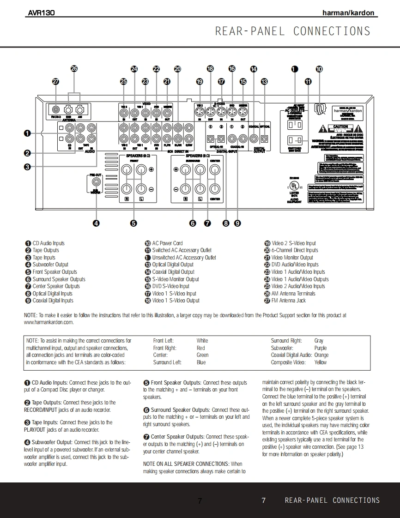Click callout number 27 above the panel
pyautogui.click(x=56, y=81)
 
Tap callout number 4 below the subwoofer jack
pyautogui.click(x=96, y=223)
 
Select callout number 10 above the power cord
pyautogui.click(x=319, y=69)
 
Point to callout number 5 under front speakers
pyautogui.click(x=133, y=223)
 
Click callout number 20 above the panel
pyautogui.click(x=178, y=69)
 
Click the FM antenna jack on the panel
pyautogui.click(x=56, y=110)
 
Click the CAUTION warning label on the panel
pyautogui.click(x=340, y=127)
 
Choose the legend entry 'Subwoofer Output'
pyautogui.click(x=50, y=265)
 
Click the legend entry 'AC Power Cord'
pyautogui.click(x=167, y=243)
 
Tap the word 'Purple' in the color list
pyautogui.click(x=320, y=348)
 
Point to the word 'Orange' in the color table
pyautogui.click(x=321, y=355)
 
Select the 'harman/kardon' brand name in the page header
pyautogui.click(x=348, y=13)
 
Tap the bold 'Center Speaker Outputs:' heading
pyautogui.click(x=177, y=437)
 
